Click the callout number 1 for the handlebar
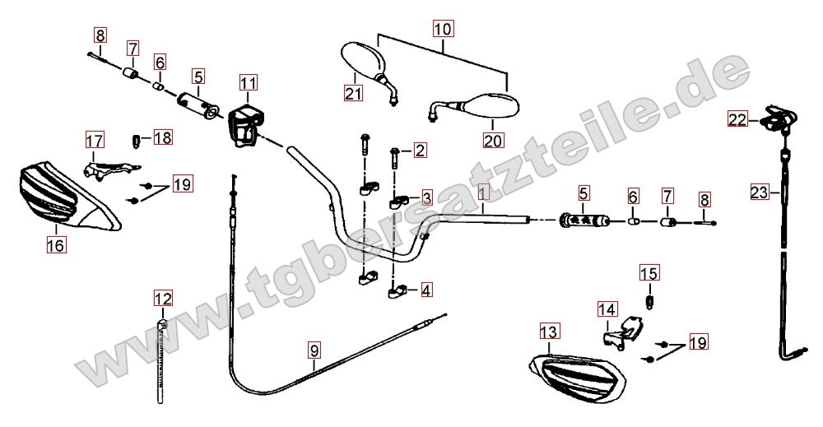pyautogui.click(x=483, y=192)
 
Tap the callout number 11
pyautogui.click(x=249, y=83)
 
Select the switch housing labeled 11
pyautogui.click(x=244, y=126)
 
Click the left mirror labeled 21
pyautogui.click(x=367, y=69)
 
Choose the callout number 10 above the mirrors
pyautogui.click(x=443, y=28)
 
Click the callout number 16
pyautogui.click(x=56, y=244)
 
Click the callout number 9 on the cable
pyautogui.click(x=314, y=350)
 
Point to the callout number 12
pyautogui.click(x=163, y=299)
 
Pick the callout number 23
pyautogui.click(x=760, y=193)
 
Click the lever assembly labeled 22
pyautogui.click(x=780, y=118)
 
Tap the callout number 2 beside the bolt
pyautogui.click(x=421, y=151)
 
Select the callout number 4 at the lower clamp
pyautogui.click(x=426, y=290)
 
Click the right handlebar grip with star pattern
pyautogui.click(x=584, y=220)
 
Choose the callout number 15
pyautogui.click(x=649, y=273)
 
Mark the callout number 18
pyautogui.click(x=163, y=138)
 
